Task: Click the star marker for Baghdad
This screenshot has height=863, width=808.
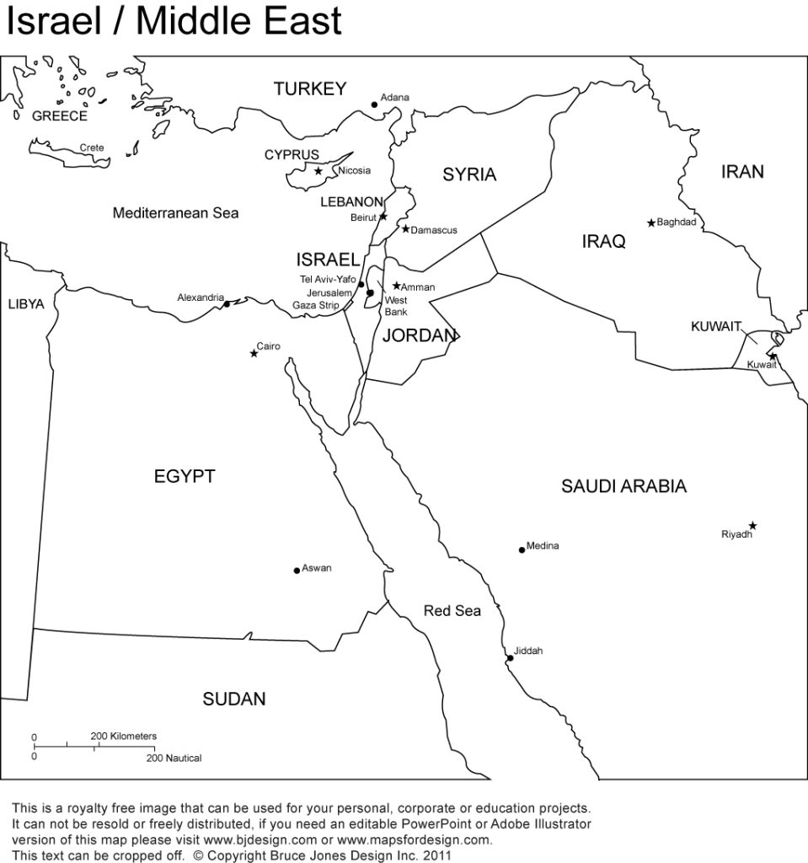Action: click(x=650, y=222)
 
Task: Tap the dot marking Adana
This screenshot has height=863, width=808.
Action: click(x=374, y=105)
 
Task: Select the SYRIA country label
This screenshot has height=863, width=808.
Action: click(x=469, y=174)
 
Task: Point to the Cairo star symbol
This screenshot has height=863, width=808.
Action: click(x=254, y=353)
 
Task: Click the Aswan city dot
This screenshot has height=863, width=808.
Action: click(x=297, y=571)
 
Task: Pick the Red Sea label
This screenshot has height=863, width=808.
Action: click(x=452, y=610)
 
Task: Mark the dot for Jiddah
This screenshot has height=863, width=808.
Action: click(x=509, y=658)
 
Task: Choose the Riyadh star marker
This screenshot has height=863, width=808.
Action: click(x=752, y=525)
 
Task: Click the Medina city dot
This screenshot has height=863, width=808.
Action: click(x=522, y=549)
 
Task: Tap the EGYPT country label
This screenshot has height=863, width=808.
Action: click(x=184, y=476)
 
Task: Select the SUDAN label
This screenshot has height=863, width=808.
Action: click(x=233, y=698)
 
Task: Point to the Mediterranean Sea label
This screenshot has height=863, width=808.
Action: click(x=175, y=213)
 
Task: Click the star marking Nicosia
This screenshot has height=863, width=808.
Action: click(x=318, y=171)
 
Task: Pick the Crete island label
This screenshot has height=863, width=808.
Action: click(x=92, y=147)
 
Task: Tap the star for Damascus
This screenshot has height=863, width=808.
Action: click(x=405, y=228)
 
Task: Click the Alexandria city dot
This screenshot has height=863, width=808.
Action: click(x=227, y=303)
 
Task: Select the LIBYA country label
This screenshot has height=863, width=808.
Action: click(x=25, y=304)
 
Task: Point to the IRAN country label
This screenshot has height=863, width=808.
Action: click(x=742, y=172)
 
